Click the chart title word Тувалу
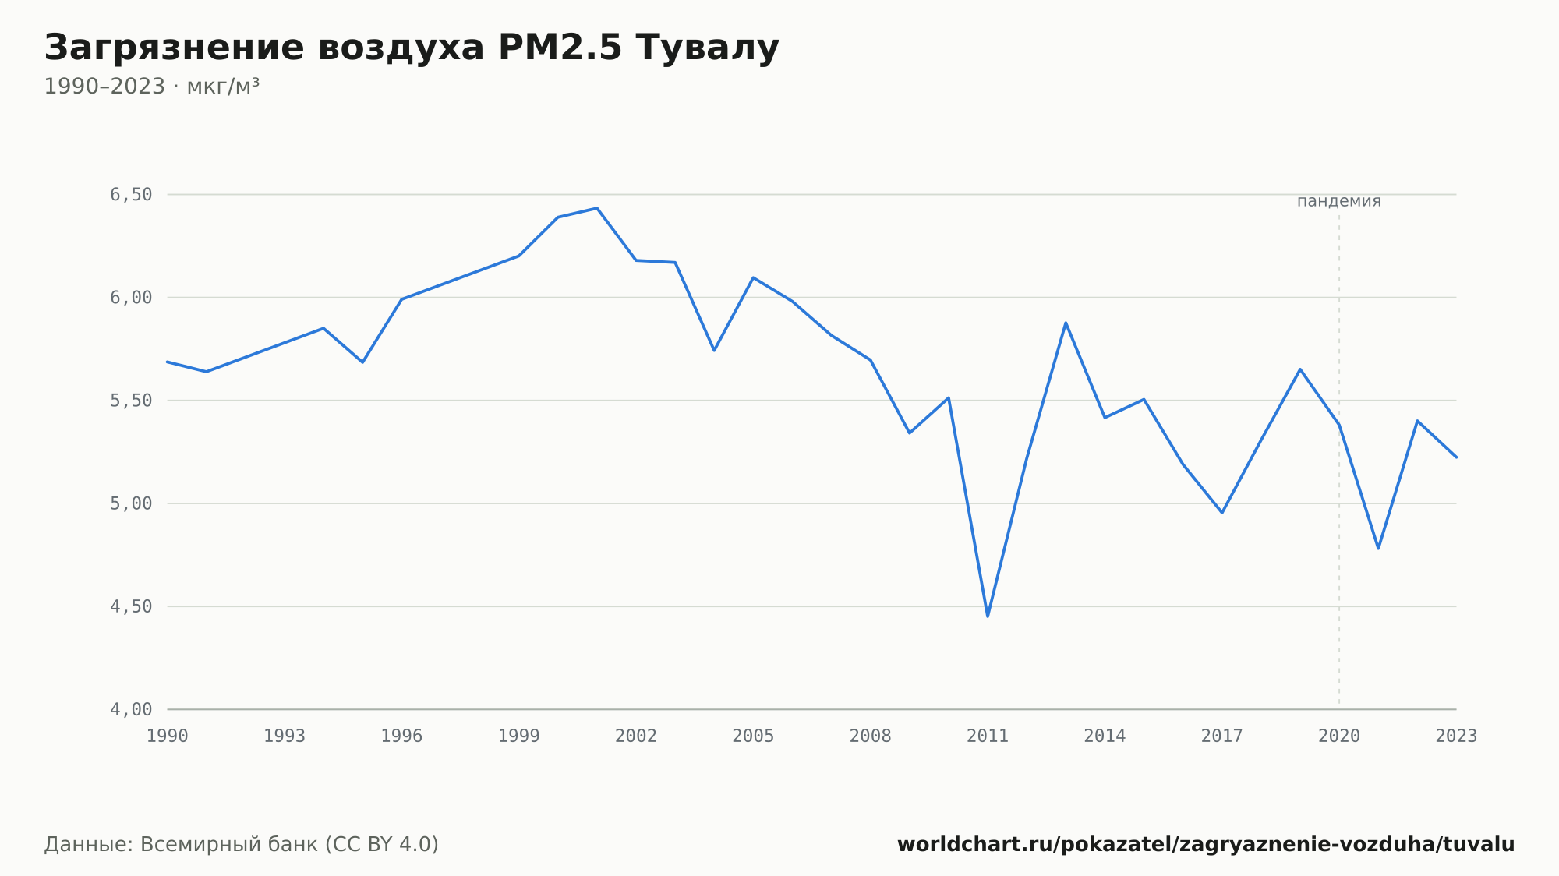click(x=707, y=48)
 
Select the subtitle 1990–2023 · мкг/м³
click(x=152, y=87)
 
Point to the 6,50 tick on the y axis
click(x=131, y=195)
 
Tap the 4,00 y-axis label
click(x=131, y=709)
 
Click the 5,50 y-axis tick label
click(x=131, y=401)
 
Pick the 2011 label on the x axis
click(x=988, y=736)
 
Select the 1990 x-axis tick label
click(x=168, y=736)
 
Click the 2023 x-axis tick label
click(x=1456, y=736)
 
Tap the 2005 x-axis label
click(x=753, y=736)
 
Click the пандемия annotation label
click(x=1339, y=201)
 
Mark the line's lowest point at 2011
click(x=988, y=616)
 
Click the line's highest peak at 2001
click(x=597, y=208)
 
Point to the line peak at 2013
click(x=1066, y=323)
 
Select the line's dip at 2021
click(x=1378, y=549)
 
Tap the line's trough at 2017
click(x=1222, y=513)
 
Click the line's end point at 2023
click(x=1456, y=457)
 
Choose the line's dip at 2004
click(x=714, y=351)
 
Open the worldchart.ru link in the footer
click(x=1206, y=845)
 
